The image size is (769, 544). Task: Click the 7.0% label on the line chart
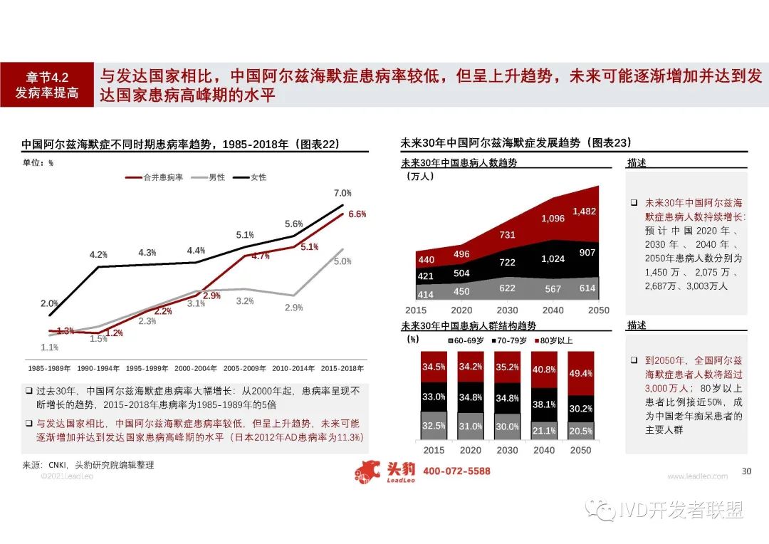342,193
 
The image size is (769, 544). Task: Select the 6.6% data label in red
357,214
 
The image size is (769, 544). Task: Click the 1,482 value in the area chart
585,211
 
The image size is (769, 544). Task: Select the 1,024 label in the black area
552,259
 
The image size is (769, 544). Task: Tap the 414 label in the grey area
426,294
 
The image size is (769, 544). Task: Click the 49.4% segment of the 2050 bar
582,373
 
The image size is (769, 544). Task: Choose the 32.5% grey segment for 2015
434,426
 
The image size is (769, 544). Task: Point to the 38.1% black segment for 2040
544,404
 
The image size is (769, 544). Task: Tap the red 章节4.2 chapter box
47,85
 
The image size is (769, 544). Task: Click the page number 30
746,471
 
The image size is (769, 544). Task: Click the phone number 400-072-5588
456,471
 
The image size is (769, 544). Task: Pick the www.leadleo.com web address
697,476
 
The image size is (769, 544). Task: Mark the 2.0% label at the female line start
49,303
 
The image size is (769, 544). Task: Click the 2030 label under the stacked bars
508,451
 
